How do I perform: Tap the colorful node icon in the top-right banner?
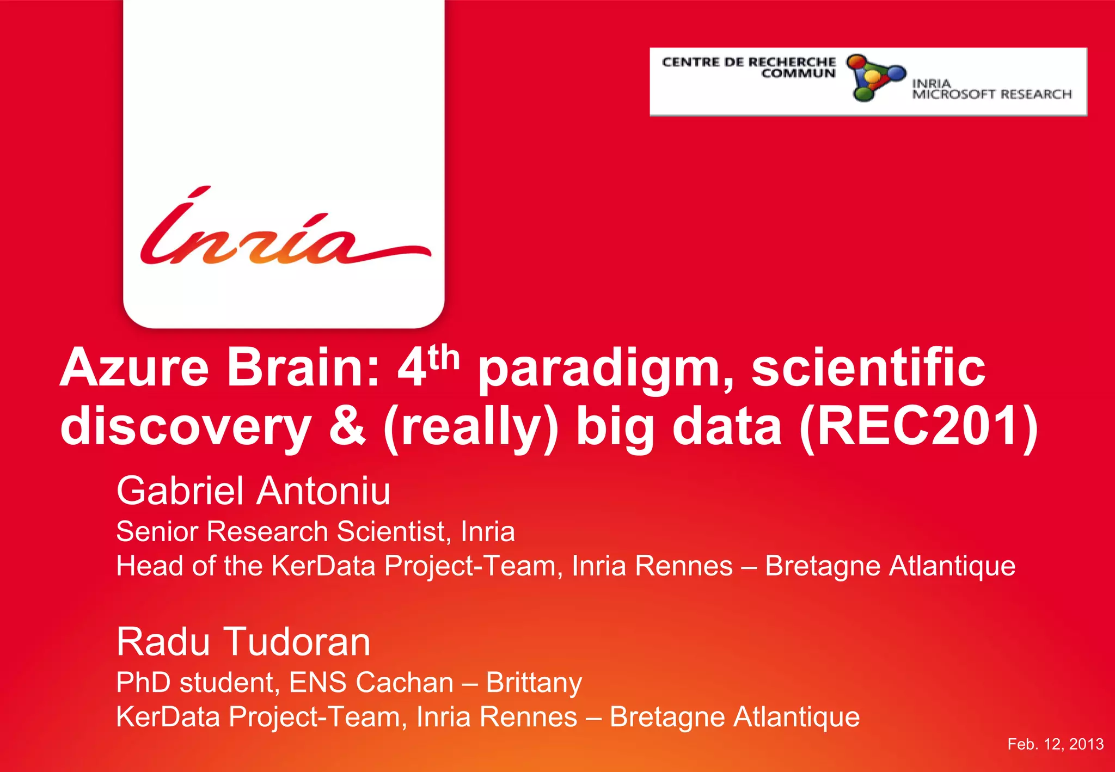(x=875, y=77)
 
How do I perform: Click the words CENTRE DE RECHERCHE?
(x=749, y=62)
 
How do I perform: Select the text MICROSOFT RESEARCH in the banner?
(x=992, y=95)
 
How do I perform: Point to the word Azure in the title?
(x=134, y=369)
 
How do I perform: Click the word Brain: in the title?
(x=303, y=369)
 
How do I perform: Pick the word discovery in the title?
(x=185, y=427)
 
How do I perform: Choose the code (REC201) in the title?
(x=918, y=427)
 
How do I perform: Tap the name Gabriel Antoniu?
(x=253, y=491)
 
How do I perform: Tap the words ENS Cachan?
(x=371, y=683)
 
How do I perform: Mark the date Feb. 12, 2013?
(x=1055, y=744)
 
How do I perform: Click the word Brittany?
(x=534, y=683)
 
